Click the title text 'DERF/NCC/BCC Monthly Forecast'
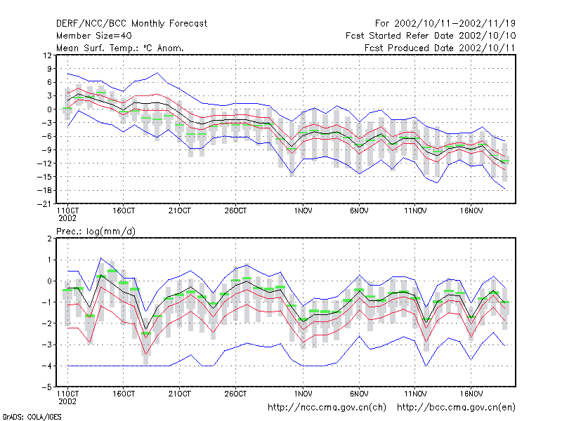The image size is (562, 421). pos(131,24)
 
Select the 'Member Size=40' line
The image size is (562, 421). pos(94,36)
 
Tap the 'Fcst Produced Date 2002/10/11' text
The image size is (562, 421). pos(440,48)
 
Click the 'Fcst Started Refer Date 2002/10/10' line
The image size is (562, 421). pos(431,36)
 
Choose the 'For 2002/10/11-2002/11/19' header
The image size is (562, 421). pos(445,24)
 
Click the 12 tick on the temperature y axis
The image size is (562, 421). pos(47,55)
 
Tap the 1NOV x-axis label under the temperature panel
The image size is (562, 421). pos(303,211)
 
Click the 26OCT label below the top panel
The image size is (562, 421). pos(235,211)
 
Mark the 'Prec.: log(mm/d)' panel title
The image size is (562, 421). pos(96,232)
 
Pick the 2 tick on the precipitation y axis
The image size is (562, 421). pos(49,239)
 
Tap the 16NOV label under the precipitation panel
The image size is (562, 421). pos(471,394)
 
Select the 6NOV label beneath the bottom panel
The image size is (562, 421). pos(359,394)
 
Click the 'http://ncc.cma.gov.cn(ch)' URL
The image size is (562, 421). pos(327,408)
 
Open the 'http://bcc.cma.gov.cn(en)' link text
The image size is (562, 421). pos(456,408)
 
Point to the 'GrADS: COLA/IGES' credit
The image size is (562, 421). pos(32,417)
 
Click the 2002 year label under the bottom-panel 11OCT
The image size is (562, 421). pos(67,401)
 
